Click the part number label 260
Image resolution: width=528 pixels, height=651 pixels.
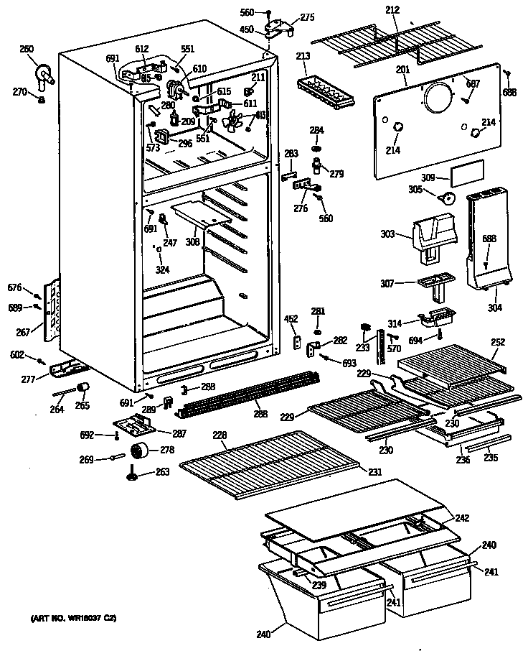click(x=27, y=49)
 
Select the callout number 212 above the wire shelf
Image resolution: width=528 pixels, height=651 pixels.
click(x=392, y=9)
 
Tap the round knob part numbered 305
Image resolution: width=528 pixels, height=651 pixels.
click(x=448, y=198)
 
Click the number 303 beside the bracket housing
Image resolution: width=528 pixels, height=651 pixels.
click(x=387, y=234)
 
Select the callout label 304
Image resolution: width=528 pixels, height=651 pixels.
click(x=494, y=308)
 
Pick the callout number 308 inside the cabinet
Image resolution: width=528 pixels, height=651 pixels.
click(x=192, y=242)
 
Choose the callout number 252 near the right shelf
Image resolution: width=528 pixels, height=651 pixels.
click(x=499, y=342)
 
